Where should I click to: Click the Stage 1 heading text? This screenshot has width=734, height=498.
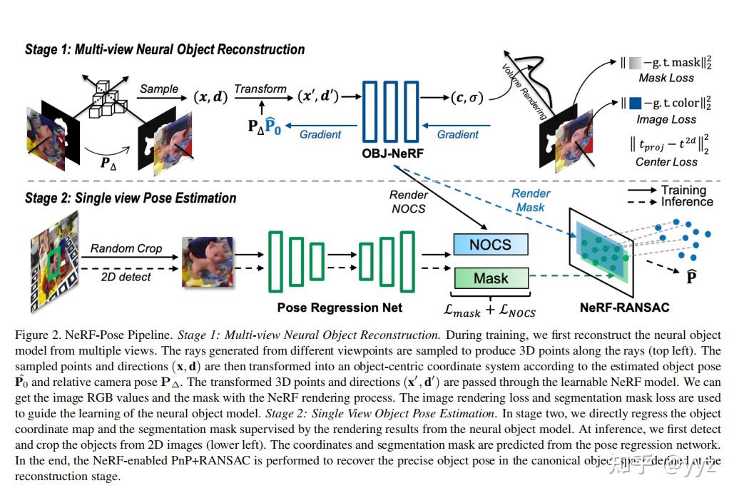pos(165,49)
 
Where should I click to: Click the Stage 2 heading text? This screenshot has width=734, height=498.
pos(131,198)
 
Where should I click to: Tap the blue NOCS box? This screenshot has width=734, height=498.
pos(491,245)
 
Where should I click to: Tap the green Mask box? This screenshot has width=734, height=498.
pos(491,278)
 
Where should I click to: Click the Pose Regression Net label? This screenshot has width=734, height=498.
pos(340,308)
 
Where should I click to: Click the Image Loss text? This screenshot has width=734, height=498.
pos(666,120)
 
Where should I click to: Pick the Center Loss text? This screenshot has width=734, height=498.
pos(666,162)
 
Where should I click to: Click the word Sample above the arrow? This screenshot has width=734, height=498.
pos(159,88)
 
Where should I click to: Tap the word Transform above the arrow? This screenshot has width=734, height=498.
pos(260,88)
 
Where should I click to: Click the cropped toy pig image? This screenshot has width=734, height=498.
pos(207,262)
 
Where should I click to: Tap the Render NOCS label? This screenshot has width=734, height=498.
pos(409,201)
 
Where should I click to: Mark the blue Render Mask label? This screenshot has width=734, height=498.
pos(530,200)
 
